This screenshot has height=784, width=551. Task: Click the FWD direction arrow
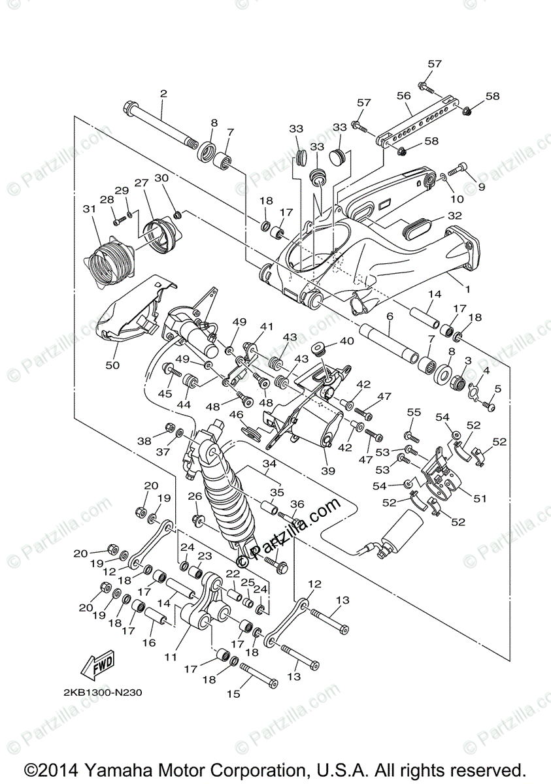pos(97,664)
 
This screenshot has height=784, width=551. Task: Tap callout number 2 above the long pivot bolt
pos(163,94)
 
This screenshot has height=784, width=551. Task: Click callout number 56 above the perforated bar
pos(403,95)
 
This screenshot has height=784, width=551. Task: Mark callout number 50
pos(112,365)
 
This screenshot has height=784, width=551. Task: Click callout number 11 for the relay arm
pos(171,655)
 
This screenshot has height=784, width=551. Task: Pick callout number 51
pos(481,498)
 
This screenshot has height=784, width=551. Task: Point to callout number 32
pos(455,215)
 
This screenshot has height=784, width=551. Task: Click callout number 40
pos(346,341)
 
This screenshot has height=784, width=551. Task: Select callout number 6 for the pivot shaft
pos(389,316)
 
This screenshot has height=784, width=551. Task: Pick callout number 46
pos(235,414)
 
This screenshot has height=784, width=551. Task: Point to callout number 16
pos(149,642)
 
